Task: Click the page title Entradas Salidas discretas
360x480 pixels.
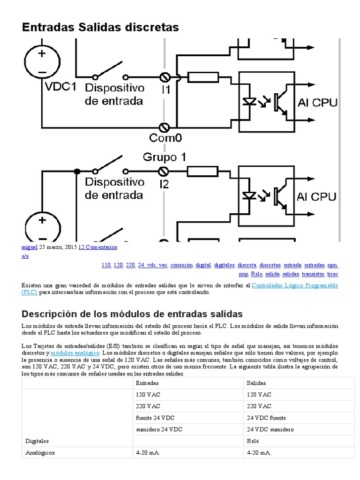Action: [x=100, y=27]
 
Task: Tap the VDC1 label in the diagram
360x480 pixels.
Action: [x=60, y=87]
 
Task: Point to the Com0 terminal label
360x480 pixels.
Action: [x=165, y=138]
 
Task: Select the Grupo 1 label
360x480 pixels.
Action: [x=160, y=157]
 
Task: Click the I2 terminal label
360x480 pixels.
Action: [x=164, y=184]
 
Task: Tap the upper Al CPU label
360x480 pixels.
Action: [x=317, y=103]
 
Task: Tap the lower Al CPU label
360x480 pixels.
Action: [x=317, y=196]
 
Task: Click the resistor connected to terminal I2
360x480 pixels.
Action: [x=202, y=171]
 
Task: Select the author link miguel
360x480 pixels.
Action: [x=29, y=247]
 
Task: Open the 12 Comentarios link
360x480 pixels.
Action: [x=97, y=247]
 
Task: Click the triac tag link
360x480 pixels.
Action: [x=333, y=274]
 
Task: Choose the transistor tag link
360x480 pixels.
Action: [x=313, y=274]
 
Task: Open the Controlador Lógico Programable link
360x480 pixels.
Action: [x=294, y=285]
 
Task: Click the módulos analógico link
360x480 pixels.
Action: [x=75, y=352]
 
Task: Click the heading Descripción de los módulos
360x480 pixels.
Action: [x=132, y=313]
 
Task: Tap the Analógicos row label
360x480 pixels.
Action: [x=39, y=453]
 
